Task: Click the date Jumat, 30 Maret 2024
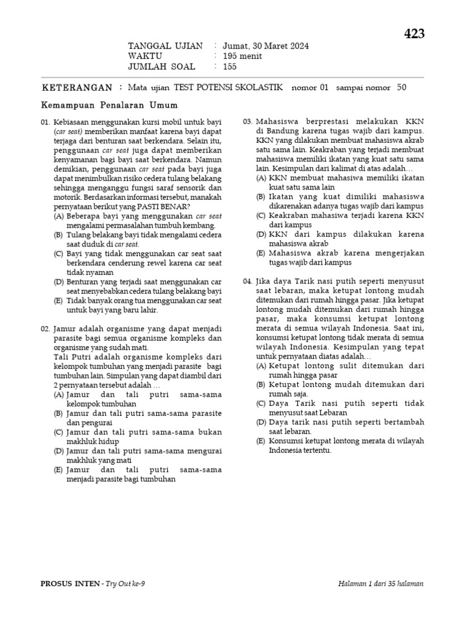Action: click(x=266, y=46)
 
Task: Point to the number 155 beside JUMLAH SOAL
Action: click(x=231, y=67)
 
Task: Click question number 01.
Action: click(x=45, y=122)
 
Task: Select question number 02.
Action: click(x=45, y=328)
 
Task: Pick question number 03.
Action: click(x=248, y=122)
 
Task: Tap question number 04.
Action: click(x=248, y=282)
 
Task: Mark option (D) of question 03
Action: click(x=261, y=234)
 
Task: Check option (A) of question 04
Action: click(x=261, y=366)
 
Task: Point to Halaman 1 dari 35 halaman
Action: click(x=381, y=584)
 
